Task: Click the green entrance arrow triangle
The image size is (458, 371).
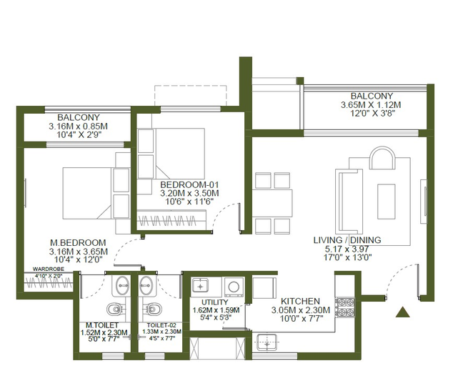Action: [402, 312]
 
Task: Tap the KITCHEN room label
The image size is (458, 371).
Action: [300, 301]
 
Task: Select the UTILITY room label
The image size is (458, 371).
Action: [214, 302]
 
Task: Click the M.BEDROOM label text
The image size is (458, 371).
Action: [78, 243]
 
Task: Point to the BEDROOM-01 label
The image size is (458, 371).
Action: [189, 185]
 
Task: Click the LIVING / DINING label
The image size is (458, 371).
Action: [347, 240]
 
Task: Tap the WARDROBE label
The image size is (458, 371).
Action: [49, 269]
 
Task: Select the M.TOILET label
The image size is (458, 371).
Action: [102, 325]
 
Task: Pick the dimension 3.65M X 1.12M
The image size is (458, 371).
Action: [371, 105]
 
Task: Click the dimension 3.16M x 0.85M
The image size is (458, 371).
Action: [78, 127]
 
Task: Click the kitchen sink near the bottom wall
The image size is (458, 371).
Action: [267, 342]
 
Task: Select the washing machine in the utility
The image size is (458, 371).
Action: [234, 287]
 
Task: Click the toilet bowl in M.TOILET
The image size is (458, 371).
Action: [115, 309]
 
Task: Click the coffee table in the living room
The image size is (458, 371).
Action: [386, 202]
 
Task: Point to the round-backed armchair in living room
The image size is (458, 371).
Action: [383, 158]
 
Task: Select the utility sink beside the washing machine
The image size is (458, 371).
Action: [200, 286]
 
